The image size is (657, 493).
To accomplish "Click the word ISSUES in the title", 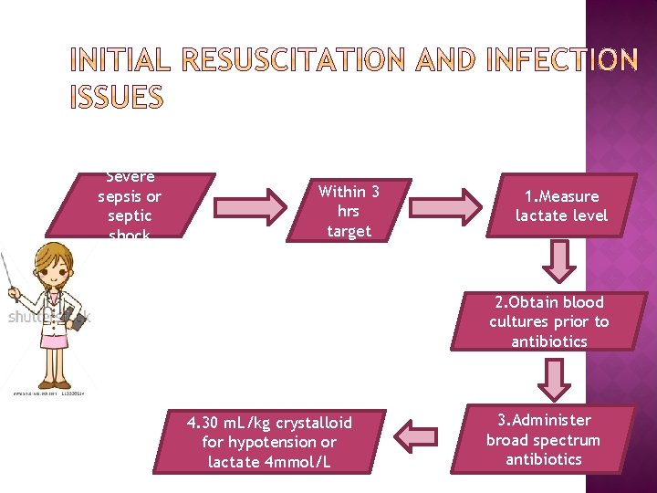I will [116, 97].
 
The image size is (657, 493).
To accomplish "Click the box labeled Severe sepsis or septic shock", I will [130, 205].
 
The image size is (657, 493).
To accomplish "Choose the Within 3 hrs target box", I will [349, 211].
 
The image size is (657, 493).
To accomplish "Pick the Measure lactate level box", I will [561, 206].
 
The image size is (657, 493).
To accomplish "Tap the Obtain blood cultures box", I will [548, 321].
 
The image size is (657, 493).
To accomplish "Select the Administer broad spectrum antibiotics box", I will [543, 440].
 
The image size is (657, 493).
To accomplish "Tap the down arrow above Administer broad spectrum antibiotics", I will [551, 380].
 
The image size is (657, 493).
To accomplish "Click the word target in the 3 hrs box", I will [349, 231].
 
